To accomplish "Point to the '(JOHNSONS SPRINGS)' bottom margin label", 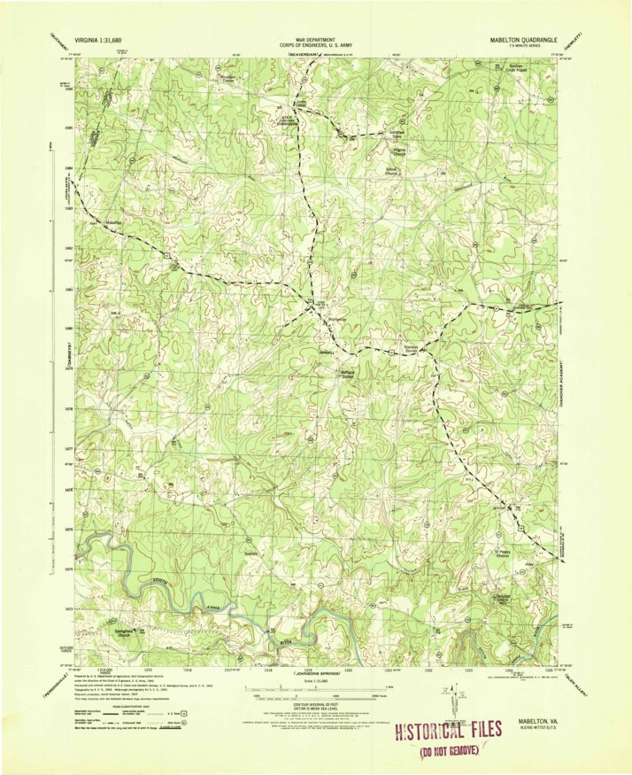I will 314,673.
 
